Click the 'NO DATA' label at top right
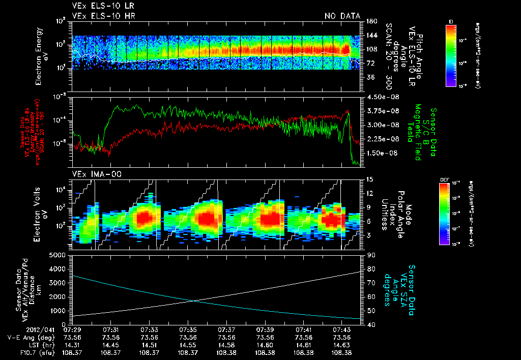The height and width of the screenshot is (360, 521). coord(342,16)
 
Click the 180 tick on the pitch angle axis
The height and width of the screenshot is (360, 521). coord(371,21)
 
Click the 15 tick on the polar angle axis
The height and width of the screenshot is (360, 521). coord(369,179)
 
